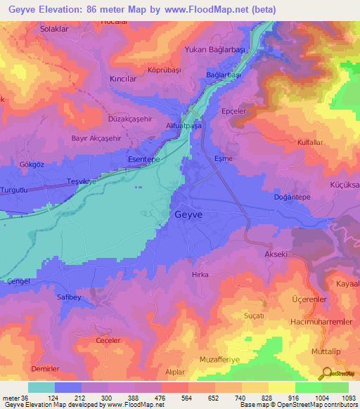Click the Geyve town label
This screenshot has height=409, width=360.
[189, 215]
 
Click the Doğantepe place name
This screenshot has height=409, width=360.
[291, 198]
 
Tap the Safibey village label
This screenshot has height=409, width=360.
[70, 297]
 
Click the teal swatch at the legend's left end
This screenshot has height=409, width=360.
[41, 387]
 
